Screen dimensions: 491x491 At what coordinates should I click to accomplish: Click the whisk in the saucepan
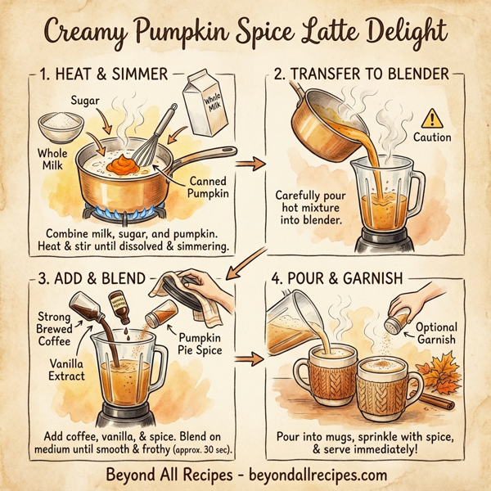(x=155, y=131)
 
